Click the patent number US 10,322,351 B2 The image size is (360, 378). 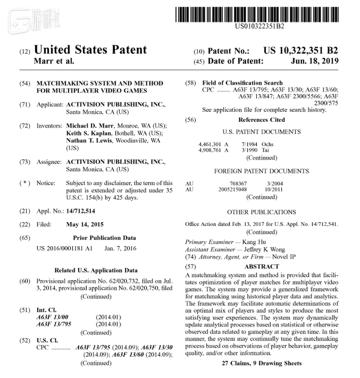[x=301, y=50]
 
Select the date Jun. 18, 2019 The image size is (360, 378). [x=314, y=61]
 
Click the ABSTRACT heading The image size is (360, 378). [x=262, y=267]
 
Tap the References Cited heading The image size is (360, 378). [x=261, y=119]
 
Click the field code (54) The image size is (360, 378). [x=24, y=83]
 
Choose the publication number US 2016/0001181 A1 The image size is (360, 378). [x=62, y=249]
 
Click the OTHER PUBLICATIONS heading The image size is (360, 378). [x=261, y=212]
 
